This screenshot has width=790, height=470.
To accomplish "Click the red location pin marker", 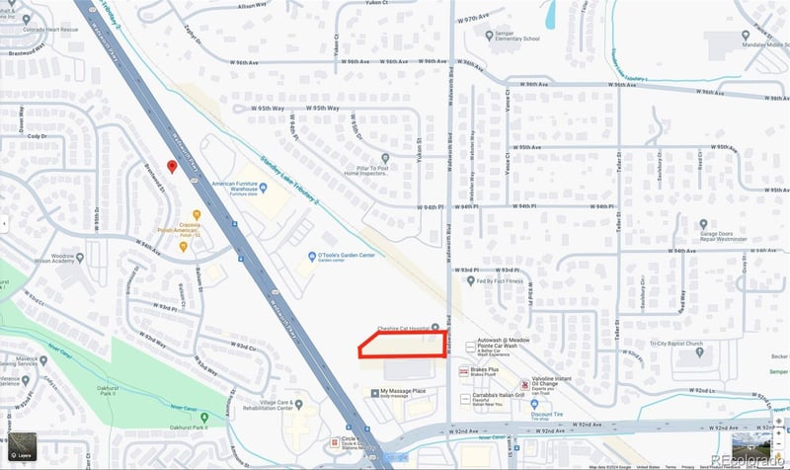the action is [172, 166].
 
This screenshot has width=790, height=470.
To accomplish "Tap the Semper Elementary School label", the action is [516, 39].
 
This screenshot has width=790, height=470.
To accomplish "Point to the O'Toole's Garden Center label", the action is [346, 256].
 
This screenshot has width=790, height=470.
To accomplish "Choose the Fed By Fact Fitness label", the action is [498, 280].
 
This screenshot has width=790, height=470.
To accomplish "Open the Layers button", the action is [20, 449].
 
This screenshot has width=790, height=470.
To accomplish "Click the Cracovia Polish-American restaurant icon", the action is [197, 214].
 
